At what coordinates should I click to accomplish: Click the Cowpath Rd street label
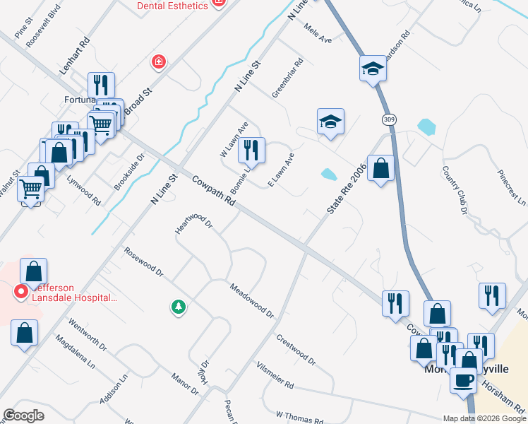click(x=212, y=191)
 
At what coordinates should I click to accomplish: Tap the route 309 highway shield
click(x=389, y=119)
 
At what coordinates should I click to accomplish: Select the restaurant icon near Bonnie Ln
click(x=251, y=151)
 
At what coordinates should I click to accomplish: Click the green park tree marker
click(x=179, y=307)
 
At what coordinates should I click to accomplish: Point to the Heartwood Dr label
click(x=193, y=225)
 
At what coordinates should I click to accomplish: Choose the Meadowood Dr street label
click(x=251, y=299)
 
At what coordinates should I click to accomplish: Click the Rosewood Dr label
click(x=143, y=261)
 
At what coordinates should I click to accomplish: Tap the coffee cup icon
click(x=463, y=379)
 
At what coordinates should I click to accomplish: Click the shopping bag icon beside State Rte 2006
click(x=380, y=169)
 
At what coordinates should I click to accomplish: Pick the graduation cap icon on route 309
click(x=372, y=69)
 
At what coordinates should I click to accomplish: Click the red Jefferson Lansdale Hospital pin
click(x=21, y=290)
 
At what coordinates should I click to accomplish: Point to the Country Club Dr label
click(x=455, y=189)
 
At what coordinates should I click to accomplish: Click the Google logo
click(x=24, y=416)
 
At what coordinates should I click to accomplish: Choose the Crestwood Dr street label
click(x=296, y=349)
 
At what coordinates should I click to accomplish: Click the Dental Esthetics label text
click(x=173, y=6)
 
